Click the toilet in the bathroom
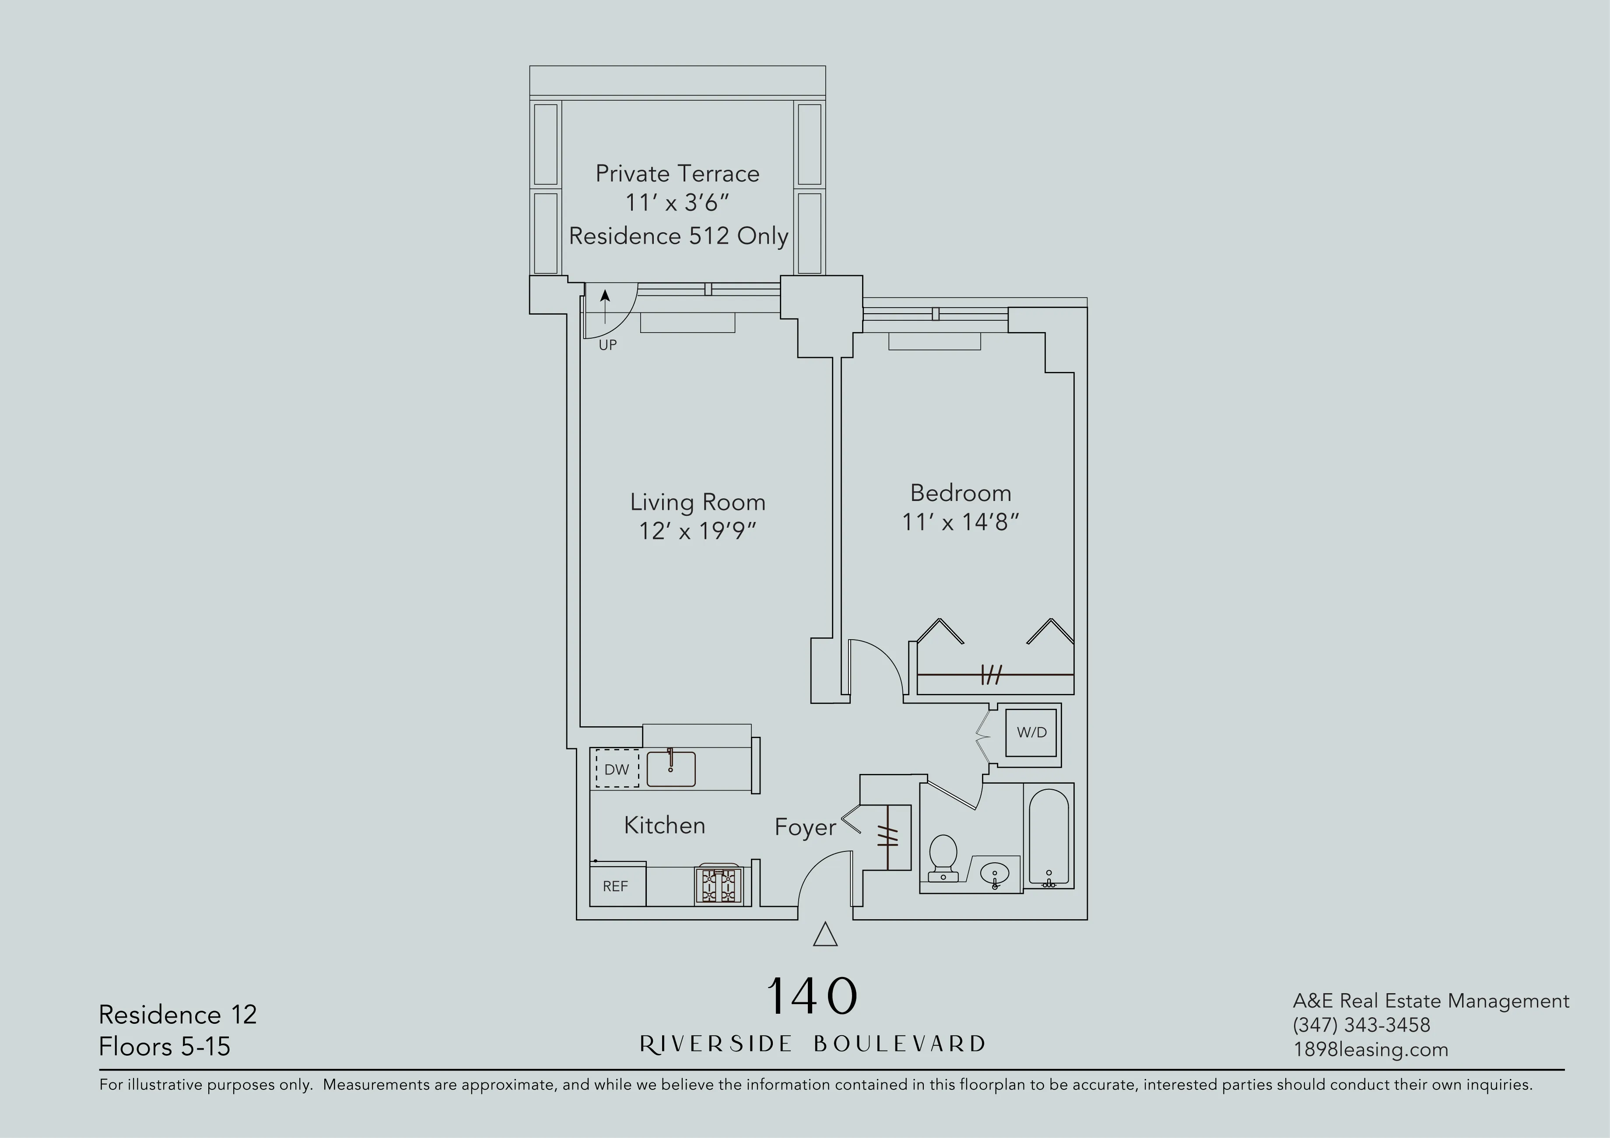(943, 857)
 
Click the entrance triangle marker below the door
(825, 935)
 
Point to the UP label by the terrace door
(607, 345)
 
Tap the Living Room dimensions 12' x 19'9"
(697, 531)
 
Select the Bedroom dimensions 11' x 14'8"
(960, 522)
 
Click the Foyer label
(805, 827)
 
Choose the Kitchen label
(664, 825)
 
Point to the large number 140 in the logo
(812, 996)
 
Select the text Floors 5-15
(165, 1046)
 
